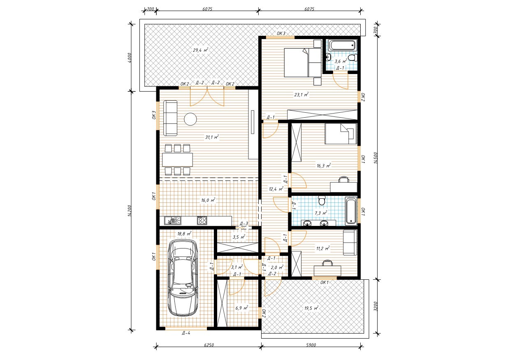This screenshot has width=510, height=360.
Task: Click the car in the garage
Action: pyautogui.click(x=183, y=277)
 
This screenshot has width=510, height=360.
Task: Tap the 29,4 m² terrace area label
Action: pyautogui.click(x=201, y=50)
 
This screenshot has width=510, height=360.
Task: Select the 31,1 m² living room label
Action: pyautogui.click(x=212, y=137)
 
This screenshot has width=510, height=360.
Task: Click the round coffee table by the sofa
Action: pyautogui.click(x=190, y=119)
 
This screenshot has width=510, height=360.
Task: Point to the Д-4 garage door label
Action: pyautogui.click(x=186, y=333)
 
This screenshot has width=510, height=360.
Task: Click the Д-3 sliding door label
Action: pyautogui.click(x=244, y=223)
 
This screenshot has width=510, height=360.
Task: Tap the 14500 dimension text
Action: pyautogui.click(x=376, y=158)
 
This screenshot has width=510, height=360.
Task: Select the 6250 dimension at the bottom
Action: pyautogui.click(x=209, y=345)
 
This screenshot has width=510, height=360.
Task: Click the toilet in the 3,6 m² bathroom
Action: pyautogui.click(x=352, y=57)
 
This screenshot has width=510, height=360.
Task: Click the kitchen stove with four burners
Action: pyautogui.click(x=202, y=221)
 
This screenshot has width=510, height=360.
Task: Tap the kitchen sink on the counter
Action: pyautogui.click(x=173, y=221)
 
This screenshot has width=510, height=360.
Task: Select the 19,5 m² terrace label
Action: pyautogui.click(x=311, y=308)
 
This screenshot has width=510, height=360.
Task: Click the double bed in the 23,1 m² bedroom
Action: pyautogui.click(x=303, y=62)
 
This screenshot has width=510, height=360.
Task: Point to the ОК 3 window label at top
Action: pyautogui.click(x=281, y=33)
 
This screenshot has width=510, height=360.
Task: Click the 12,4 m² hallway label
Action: pyautogui.click(x=276, y=189)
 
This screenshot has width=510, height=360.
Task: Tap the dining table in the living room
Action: pyautogui.click(x=177, y=160)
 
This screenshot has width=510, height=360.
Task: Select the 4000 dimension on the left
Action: pyautogui.click(x=130, y=58)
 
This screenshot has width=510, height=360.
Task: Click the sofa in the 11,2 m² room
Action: pyautogui.click(x=350, y=242)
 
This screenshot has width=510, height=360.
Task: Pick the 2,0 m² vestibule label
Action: pyautogui.click(x=277, y=267)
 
